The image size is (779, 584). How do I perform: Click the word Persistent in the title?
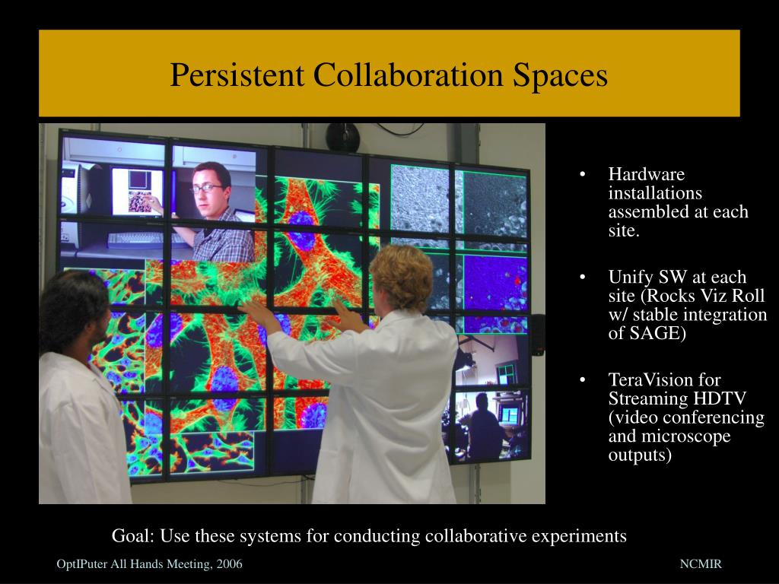tap(237, 75)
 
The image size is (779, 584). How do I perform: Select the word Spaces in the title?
tap(560, 76)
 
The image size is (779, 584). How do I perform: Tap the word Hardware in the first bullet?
tap(647, 174)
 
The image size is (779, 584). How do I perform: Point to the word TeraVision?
tap(651, 380)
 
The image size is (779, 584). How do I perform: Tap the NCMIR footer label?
tap(701, 564)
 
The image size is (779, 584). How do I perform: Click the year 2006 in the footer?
tap(229, 564)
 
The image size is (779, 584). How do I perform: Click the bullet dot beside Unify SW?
tap(582, 277)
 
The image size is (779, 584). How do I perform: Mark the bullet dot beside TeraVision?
tap(582, 380)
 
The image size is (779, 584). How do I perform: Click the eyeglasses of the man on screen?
tap(207, 189)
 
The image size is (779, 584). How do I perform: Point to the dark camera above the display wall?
tap(342, 137)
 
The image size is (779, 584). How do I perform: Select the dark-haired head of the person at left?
tap(75, 313)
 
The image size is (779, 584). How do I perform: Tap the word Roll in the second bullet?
tap(749, 296)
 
